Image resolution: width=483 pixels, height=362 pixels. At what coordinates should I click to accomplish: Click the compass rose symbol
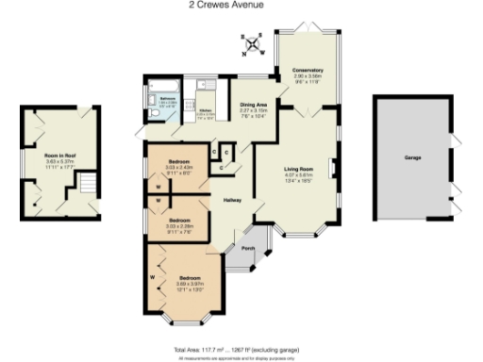(x=253, y=43)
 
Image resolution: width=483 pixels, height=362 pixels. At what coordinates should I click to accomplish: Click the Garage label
(x=412, y=158)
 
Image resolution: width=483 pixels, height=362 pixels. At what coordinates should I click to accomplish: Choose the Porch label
(x=248, y=248)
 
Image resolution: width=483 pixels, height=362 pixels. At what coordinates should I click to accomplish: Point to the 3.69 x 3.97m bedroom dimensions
(x=190, y=284)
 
